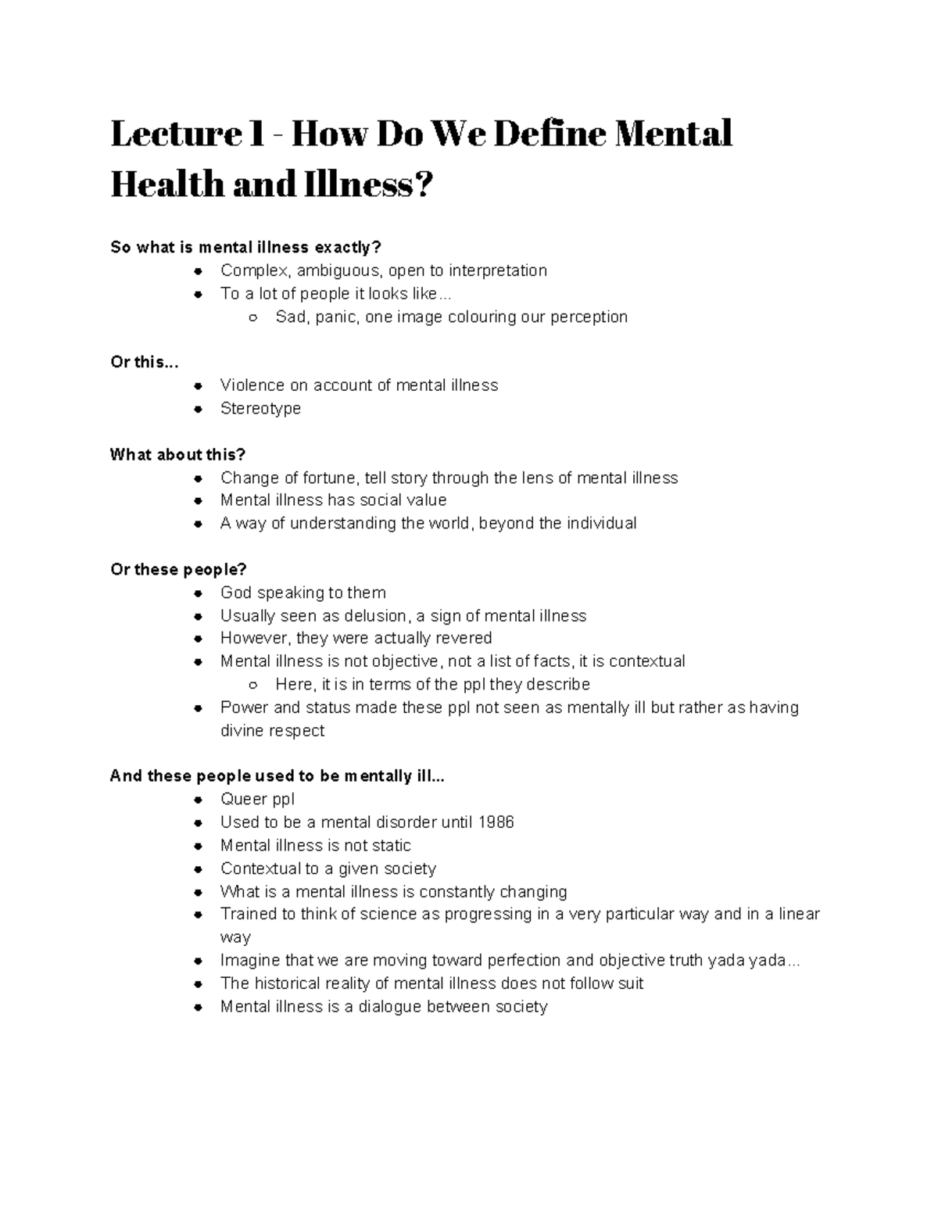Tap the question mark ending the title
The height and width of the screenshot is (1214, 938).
pos(421,185)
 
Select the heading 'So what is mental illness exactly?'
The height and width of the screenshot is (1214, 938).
pos(245,248)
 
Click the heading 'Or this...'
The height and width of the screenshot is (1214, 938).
pos(145,363)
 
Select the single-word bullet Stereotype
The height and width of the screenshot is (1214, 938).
pos(260,408)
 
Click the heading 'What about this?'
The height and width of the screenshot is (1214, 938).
pos(177,454)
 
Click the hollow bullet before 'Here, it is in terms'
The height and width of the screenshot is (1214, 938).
pos(253,685)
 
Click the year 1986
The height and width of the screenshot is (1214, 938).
pos(495,822)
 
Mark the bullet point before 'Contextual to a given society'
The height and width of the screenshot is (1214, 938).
pos(199,869)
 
